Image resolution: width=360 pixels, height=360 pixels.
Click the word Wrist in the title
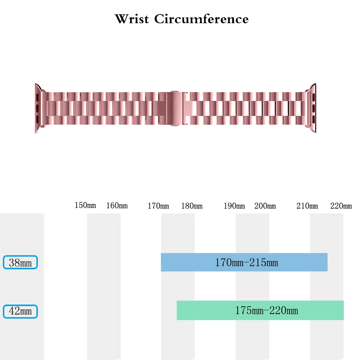[132, 19]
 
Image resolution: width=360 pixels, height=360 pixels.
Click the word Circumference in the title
[201, 19]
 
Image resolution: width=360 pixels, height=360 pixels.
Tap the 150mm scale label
[85, 205]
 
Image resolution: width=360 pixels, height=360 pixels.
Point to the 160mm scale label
[117, 206]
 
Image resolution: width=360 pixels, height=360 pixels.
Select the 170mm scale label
[158, 206]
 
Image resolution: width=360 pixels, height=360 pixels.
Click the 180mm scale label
[192, 206]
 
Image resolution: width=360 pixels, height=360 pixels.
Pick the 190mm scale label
[234, 206]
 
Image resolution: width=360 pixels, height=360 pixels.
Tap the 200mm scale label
[265, 206]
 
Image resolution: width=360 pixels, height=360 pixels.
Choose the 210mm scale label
[307, 206]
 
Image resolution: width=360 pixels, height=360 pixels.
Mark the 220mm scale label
[341, 206]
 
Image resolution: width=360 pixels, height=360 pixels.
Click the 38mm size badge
[20, 262]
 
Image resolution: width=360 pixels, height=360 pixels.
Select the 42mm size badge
[20, 311]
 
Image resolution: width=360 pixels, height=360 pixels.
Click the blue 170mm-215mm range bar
[244, 262]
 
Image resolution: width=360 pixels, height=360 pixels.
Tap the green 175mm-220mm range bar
[260, 310]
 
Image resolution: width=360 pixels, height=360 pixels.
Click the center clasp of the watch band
[175, 108]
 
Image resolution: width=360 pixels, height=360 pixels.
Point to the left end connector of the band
[39, 108]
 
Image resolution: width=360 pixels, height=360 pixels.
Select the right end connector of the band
[312, 108]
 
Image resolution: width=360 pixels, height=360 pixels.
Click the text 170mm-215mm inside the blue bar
[247, 262]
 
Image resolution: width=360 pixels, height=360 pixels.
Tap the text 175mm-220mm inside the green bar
[266, 310]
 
